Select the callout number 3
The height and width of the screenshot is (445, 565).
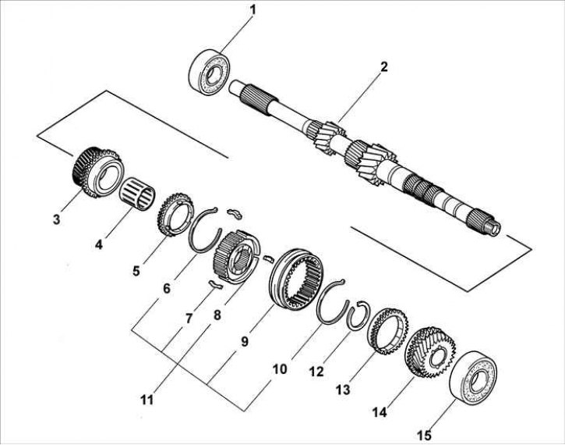point(56,220)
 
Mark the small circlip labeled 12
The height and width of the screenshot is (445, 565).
point(361,315)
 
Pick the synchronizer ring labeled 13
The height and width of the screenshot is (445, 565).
point(387,331)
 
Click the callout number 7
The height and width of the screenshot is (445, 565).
point(189,320)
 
